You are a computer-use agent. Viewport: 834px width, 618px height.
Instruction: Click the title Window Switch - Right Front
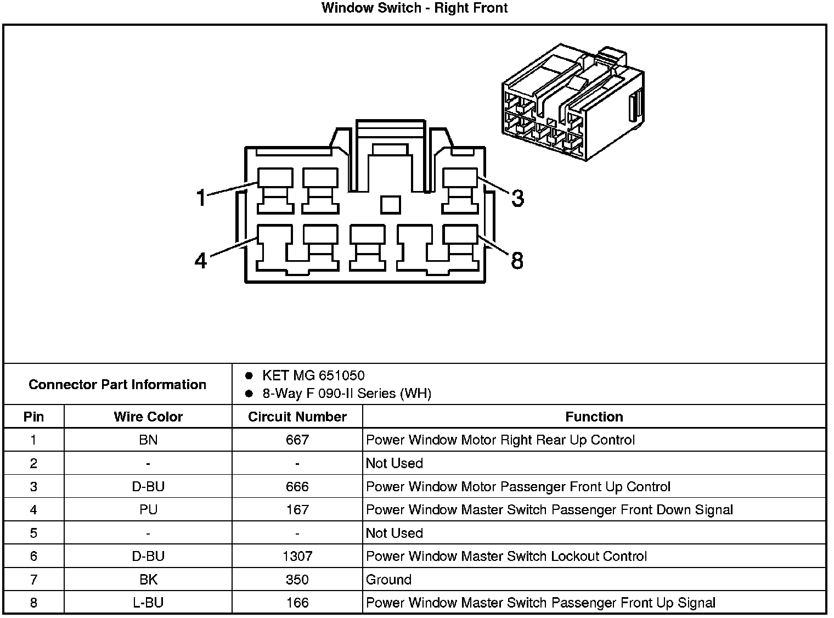414,8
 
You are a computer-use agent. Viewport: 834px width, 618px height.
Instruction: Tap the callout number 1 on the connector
201,197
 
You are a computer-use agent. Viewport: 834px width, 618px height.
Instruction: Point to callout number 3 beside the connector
517,198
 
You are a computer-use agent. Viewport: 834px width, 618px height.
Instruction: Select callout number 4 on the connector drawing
201,260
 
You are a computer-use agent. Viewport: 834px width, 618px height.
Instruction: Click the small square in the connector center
390,204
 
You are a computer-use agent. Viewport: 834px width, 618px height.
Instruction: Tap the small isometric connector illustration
573,103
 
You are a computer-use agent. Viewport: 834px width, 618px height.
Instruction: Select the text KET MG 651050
313,376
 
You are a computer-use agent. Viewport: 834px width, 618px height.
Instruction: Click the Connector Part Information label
117,384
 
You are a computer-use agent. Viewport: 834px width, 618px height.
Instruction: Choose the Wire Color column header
148,417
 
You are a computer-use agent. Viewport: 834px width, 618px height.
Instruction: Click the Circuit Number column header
297,417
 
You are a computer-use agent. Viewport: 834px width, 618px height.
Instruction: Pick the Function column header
594,417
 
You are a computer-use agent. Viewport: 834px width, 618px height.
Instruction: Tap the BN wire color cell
148,440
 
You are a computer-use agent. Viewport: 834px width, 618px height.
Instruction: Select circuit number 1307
297,557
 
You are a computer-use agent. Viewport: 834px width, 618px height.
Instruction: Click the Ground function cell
388,580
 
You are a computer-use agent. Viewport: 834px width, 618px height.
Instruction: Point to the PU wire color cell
148,510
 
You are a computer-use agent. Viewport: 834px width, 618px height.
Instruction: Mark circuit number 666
297,487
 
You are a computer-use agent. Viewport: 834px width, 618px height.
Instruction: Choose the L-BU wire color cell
148,603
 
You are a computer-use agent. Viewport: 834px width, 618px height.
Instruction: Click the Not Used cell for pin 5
394,533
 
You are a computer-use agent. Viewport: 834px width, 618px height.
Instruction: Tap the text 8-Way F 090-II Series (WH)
347,394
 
